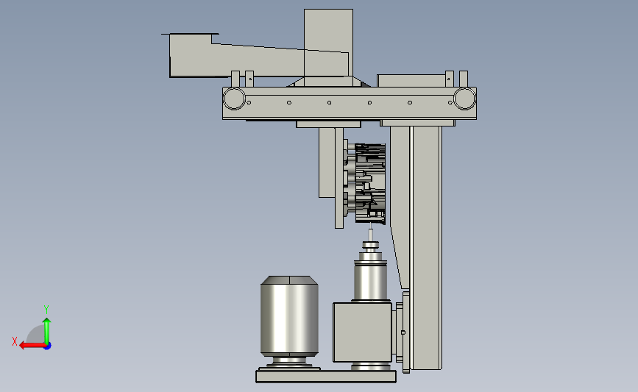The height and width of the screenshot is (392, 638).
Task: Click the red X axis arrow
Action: click(x=32, y=346)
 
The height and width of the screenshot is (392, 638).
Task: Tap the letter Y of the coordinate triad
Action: click(x=46, y=310)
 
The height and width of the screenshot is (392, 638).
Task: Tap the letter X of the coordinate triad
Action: click(x=15, y=341)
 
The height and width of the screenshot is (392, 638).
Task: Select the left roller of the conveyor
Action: click(x=234, y=99)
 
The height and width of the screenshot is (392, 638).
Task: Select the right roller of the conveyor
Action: click(x=464, y=99)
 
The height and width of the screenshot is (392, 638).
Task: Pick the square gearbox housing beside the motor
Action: click(x=363, y=332)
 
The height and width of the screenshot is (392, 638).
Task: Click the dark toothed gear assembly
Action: click(x=370, y=183)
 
